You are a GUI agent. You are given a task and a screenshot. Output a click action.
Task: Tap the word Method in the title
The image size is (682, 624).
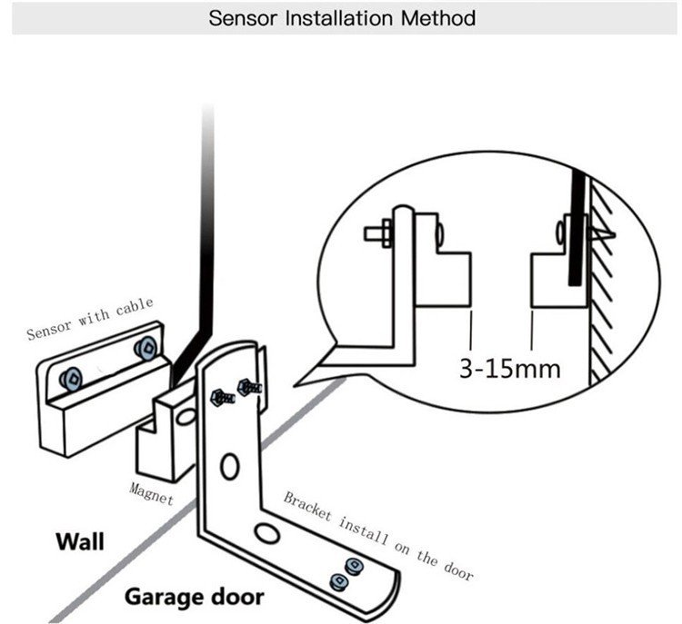point(440,18)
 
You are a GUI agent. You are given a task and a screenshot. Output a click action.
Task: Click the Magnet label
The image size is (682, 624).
point(151,493)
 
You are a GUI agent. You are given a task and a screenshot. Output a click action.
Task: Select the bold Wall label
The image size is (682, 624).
point(79,542)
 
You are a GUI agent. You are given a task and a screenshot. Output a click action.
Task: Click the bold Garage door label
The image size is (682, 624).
point(194,597)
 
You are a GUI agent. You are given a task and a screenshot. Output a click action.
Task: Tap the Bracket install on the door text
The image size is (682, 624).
point(378,536)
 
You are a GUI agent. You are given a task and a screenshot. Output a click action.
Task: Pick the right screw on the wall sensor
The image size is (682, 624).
point(146,348)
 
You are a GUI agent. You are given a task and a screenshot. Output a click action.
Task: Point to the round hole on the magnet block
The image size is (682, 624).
point(186,415)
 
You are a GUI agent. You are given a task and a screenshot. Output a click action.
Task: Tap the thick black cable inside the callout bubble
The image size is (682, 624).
point(575,227)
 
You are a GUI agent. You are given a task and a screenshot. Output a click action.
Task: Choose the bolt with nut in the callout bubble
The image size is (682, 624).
point(380,233)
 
